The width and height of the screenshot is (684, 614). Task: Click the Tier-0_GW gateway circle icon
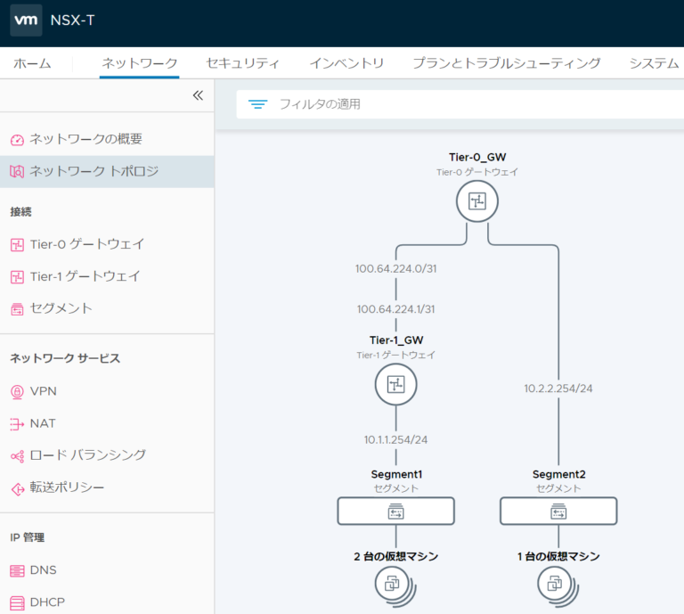point(476,202)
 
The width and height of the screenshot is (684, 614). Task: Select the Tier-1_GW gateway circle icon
point(395,384)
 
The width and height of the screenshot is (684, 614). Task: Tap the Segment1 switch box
point(395,512)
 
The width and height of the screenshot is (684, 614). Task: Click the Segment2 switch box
point(558,512)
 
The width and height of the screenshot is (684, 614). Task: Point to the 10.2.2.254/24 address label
point(558,389)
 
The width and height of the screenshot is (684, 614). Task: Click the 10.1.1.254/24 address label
point(396,439)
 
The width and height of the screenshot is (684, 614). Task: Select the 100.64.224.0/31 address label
point(395,268)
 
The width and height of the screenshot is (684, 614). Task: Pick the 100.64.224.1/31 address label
point(395,309)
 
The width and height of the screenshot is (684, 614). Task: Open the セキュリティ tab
point(242,63)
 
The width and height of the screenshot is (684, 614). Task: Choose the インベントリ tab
point(346,63)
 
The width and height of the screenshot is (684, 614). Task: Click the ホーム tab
point(32,63)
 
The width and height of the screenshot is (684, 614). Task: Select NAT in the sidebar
point(43,423)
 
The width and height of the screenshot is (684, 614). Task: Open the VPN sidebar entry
point(43,391)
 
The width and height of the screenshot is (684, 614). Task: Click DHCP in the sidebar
point(46,602)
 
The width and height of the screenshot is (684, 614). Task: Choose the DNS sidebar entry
point(43,569)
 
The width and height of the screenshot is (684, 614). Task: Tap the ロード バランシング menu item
point(87,455)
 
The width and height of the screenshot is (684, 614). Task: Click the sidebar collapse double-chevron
point(198,95)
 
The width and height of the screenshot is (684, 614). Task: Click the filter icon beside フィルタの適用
point(258,104)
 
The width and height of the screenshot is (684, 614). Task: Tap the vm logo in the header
point(26,21)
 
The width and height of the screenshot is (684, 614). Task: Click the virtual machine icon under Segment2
point(555,585)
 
